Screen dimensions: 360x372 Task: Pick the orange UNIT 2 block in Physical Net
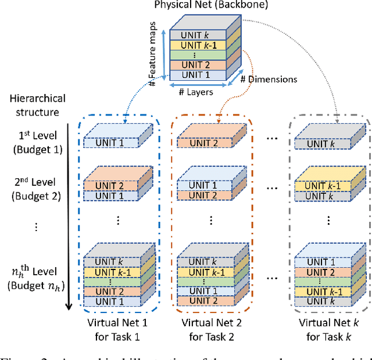pyautogui.click(x=194, y=65)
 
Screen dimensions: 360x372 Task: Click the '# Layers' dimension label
pyautogui.click(x=195, y=92)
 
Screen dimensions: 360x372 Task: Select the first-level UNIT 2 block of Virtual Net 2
pyautogui.click(x=203, y=143)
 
